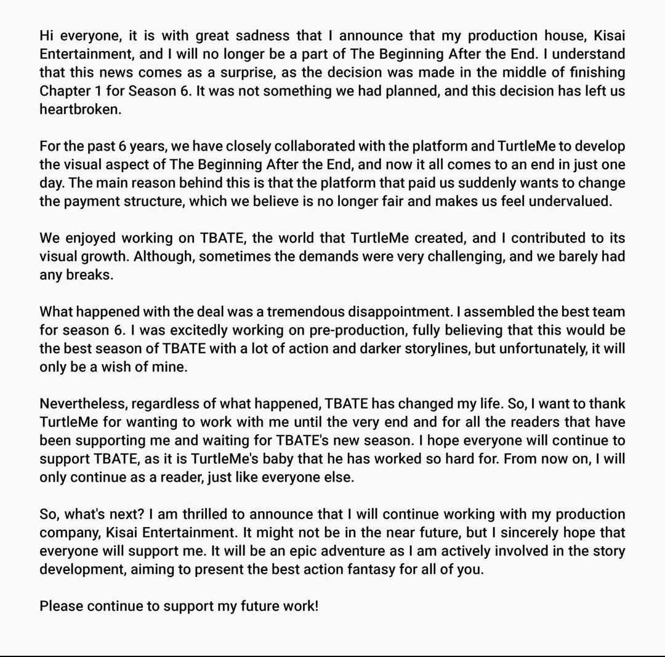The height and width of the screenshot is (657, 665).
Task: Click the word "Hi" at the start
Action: (47, 35)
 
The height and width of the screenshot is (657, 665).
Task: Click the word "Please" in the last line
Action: (61, 606)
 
